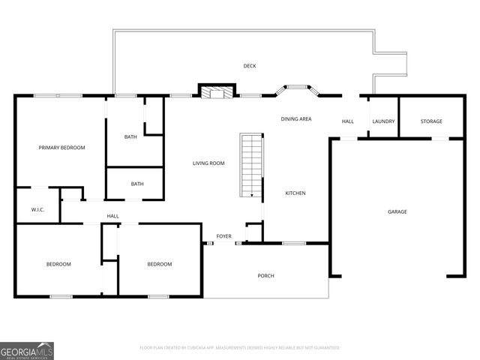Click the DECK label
click(x=250, y=66)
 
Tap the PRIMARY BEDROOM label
click(x=61, y=148)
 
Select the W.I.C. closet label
click(x=37, y=210)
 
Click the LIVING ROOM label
click(x=208, y=163)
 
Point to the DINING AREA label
click(x=296, y=119)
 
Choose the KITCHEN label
click(x=295, y=193)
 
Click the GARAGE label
click(x=397, y=212)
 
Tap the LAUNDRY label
click(x=383, y=121)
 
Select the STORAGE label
click(x=431, y=121)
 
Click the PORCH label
click(x=265, y=276)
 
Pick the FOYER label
click(x=223, y=237)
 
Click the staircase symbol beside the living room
click(x=251, y=165)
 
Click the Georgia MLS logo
click(x=27, y=350)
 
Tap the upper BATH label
click(x=130, y=137)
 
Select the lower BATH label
click(x=137, y=184)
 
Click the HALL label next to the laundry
click(x=348, y=121)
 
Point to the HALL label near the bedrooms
click(x=112, y=217)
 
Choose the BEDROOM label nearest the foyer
click(x=159, y=264)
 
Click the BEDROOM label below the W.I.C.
click(x=58, y=264)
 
